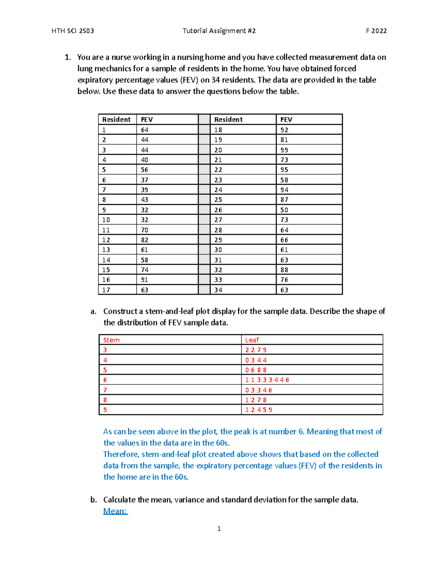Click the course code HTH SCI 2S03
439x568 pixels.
73,31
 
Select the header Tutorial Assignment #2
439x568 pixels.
219,31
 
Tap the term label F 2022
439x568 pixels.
376,31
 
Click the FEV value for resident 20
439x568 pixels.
284,150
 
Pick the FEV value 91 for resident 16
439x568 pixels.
145,280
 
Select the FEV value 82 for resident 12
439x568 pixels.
145,240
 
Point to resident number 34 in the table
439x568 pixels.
218,290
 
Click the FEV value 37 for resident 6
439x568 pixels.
145,180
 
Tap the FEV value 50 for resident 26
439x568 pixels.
284,210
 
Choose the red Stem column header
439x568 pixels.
111,340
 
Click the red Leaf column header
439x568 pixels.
252,340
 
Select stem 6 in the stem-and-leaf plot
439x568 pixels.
105,380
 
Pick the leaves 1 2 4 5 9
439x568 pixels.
259,410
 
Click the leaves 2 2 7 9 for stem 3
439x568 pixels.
256,350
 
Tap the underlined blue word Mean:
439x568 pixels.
115,511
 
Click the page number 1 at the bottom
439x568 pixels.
219,528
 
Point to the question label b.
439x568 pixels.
94,500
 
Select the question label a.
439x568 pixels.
94,311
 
